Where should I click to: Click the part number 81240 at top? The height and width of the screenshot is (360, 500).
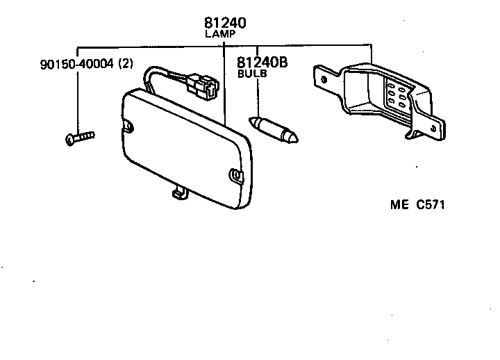(225, 23)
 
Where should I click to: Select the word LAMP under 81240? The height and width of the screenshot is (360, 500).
(221, 33)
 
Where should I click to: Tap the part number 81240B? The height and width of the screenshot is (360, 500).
(262, 63)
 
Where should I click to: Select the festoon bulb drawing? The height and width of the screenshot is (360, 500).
(276, 130)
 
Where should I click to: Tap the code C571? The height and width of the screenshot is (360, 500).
(430, 205)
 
